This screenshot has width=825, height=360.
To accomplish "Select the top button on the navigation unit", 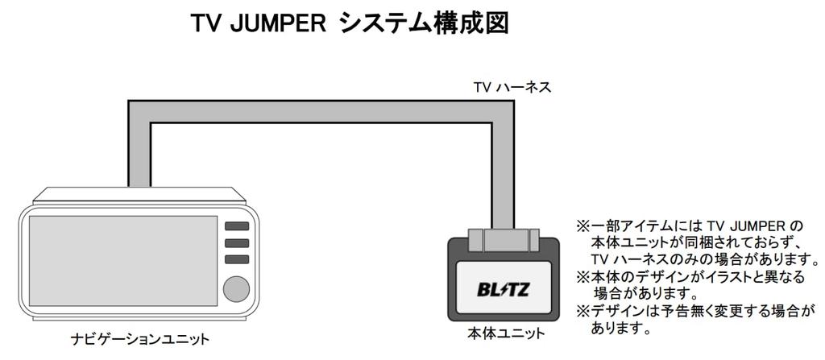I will tap(236, 226).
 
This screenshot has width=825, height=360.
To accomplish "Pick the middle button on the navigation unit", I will tap(236, 242).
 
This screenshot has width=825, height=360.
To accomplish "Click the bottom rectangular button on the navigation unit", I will tap(236, 259).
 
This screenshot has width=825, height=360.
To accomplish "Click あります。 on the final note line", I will tap(620, 329).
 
